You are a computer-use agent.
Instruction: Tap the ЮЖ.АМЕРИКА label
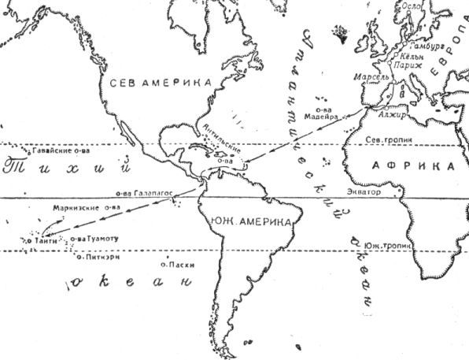click(252, 223)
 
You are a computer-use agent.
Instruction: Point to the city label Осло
click(412, 27)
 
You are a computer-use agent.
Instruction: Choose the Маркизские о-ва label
click(87, 208)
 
